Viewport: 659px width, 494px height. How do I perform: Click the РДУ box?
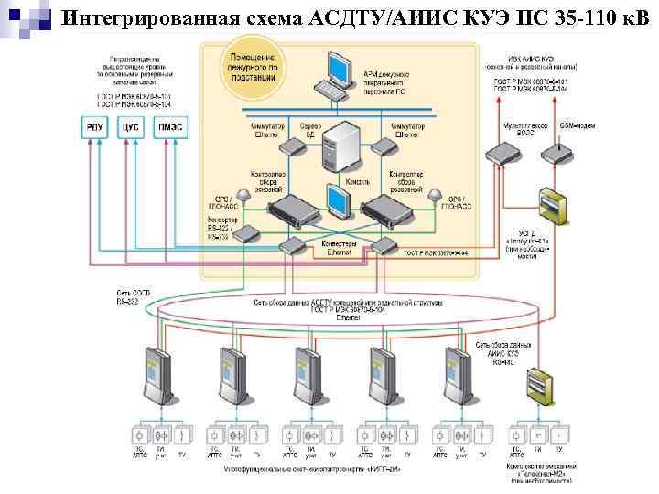tap(94, 129)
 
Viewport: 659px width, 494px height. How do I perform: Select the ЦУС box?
tap(130, 129)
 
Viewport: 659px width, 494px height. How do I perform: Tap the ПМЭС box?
tap(170, 129)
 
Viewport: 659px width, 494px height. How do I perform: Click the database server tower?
tap(343, 147)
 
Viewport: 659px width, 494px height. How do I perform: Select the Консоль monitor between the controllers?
tap(335, 201)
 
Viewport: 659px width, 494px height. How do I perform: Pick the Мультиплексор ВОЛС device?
tap(502, 151)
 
